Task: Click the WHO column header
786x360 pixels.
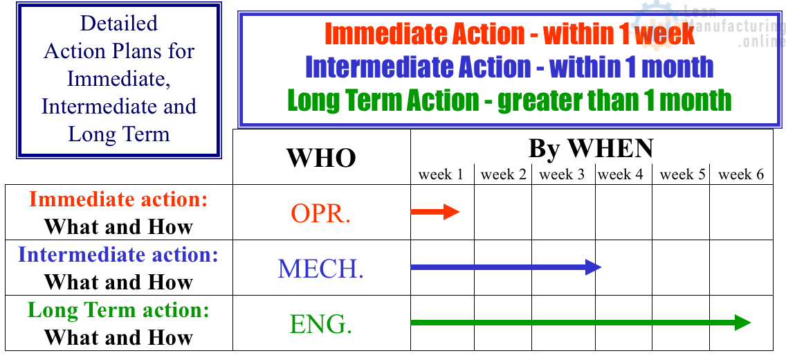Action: pos(321,158)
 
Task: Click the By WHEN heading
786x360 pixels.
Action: pos(591,148)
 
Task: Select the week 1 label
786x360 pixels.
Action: pos(441,175)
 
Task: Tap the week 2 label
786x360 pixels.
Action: pos(503,175)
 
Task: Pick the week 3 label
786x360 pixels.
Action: pos(562,175)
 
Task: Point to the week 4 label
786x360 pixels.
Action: pos(621,175)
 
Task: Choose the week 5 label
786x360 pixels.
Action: pos(683,175)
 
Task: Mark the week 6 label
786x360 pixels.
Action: pos(742,175)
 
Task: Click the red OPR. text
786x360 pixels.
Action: pos(321,214)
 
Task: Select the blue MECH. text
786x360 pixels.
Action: pos(321,269)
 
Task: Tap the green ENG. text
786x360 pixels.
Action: pos(321,324)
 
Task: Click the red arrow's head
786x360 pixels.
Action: pos(451,212)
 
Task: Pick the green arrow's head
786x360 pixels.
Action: pos(743,323)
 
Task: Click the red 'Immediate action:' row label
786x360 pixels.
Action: pos(118,200)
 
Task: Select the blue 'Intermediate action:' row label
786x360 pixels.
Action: pos(118,255)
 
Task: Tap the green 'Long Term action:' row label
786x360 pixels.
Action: pos(118,310)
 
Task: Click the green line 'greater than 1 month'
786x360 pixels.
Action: pos(614,100)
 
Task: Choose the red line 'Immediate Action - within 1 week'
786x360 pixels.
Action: pos(510,34)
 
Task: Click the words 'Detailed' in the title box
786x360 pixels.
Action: pos(119,23)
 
